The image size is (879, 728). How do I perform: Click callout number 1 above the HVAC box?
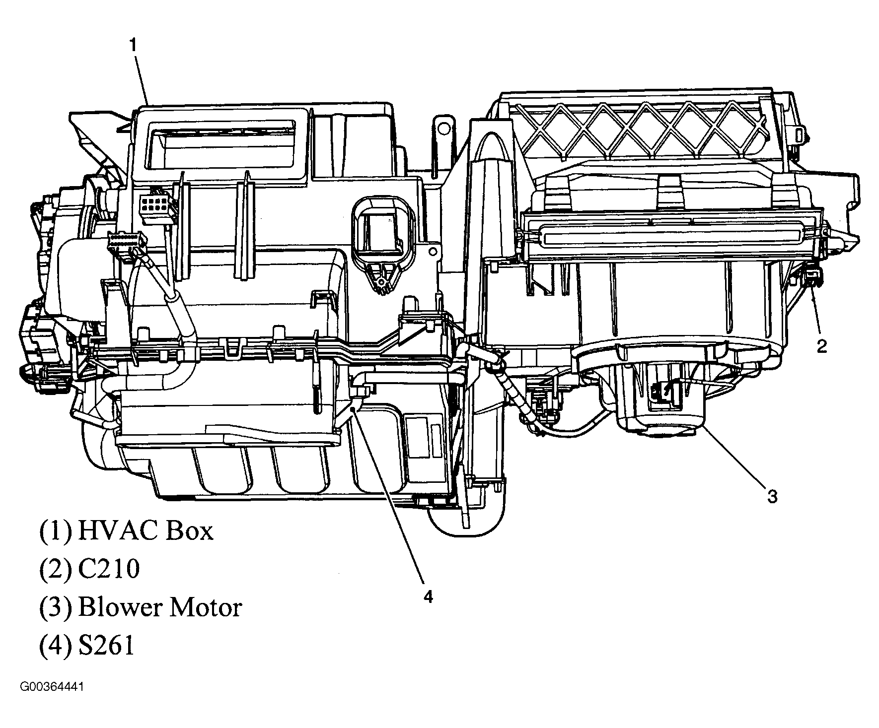133,46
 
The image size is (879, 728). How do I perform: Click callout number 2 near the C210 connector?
821,346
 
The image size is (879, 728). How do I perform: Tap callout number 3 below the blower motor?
772,496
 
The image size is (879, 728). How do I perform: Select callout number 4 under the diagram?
428,596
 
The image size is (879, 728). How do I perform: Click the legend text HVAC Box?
146,530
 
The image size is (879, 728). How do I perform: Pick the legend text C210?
109,569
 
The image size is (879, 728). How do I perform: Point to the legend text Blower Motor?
160,607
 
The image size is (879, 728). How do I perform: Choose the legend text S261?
106,646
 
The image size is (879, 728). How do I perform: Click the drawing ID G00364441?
52,687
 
